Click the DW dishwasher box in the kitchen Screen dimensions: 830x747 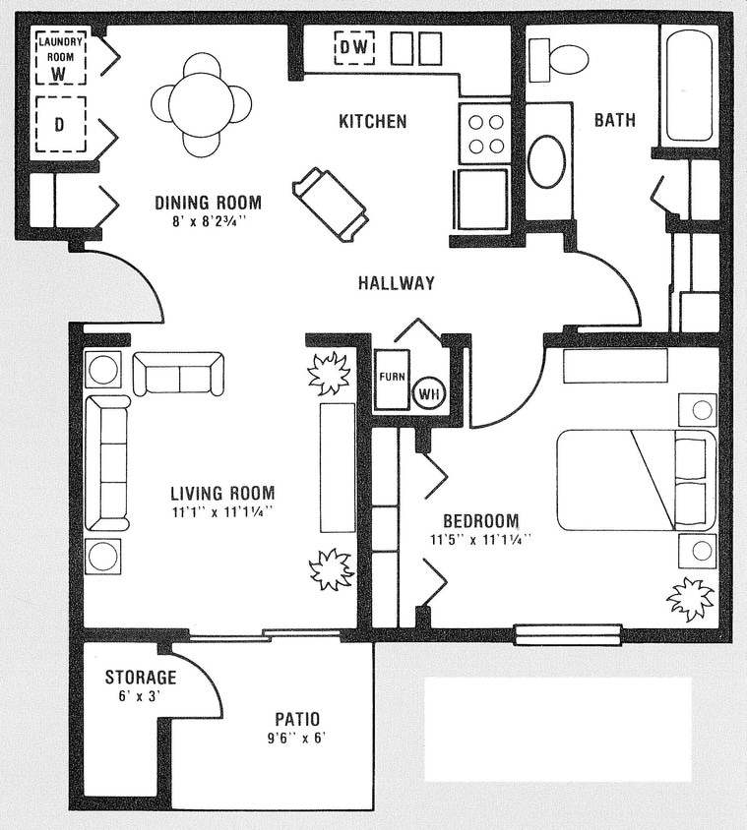[x=354, y=47]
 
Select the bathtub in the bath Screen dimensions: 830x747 [x=689, y=87]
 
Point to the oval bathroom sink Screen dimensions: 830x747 [x=546, y=161]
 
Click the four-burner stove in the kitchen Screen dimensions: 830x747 [x=484, y=134]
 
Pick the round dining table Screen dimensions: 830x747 [x=201, y=103]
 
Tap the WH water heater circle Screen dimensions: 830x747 [x=428, y=392]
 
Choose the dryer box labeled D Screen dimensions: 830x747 [x=59, y=125]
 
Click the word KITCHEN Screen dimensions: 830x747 [x=372, y=122]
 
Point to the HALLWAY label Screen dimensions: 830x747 [x=396, y=283]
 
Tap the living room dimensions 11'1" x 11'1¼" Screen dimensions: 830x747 [x=221, y=511]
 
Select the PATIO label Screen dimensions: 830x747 [x=297, y=720]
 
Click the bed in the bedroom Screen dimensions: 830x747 [x=636, y=479]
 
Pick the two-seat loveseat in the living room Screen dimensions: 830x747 [x=178, y=374]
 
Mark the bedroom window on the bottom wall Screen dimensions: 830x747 [x=568, y=634]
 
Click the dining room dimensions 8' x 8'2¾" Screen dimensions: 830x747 [x=208, y=221]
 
